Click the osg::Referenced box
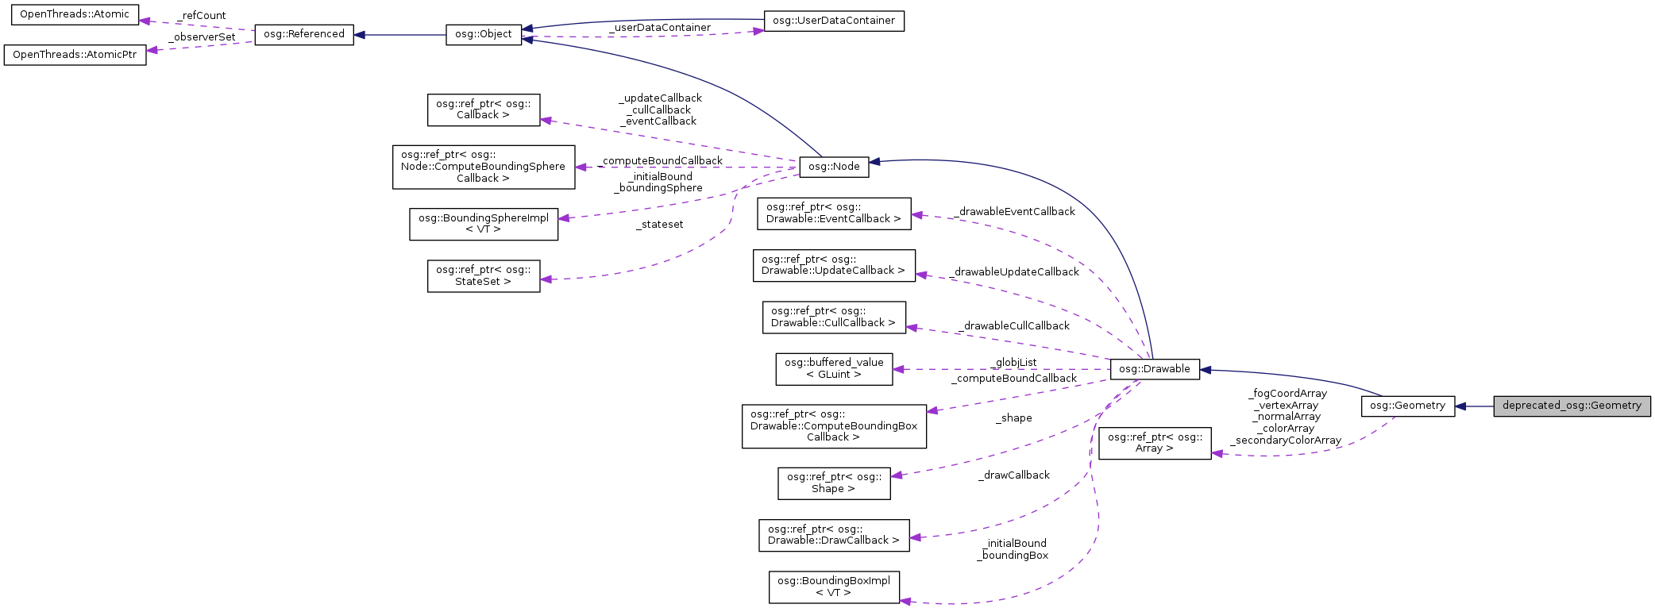[303, 34]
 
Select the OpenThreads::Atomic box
[74, 14]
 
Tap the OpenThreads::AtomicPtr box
[75, 55]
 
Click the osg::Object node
[483, 34]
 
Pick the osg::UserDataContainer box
[833, 21]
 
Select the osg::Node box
[834, 166]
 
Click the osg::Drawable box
[1154, 369]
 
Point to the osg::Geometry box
[1407, 406]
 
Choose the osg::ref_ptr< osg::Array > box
[1154, 443]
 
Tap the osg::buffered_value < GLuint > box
[833, 369]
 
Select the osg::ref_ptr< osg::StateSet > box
[483, 275]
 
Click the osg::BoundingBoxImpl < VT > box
[833, 587]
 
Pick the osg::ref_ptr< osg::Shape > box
[833, 483]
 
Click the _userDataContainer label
[660, 28]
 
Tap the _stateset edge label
[660, 225]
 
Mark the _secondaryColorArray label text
[1286, 441]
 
